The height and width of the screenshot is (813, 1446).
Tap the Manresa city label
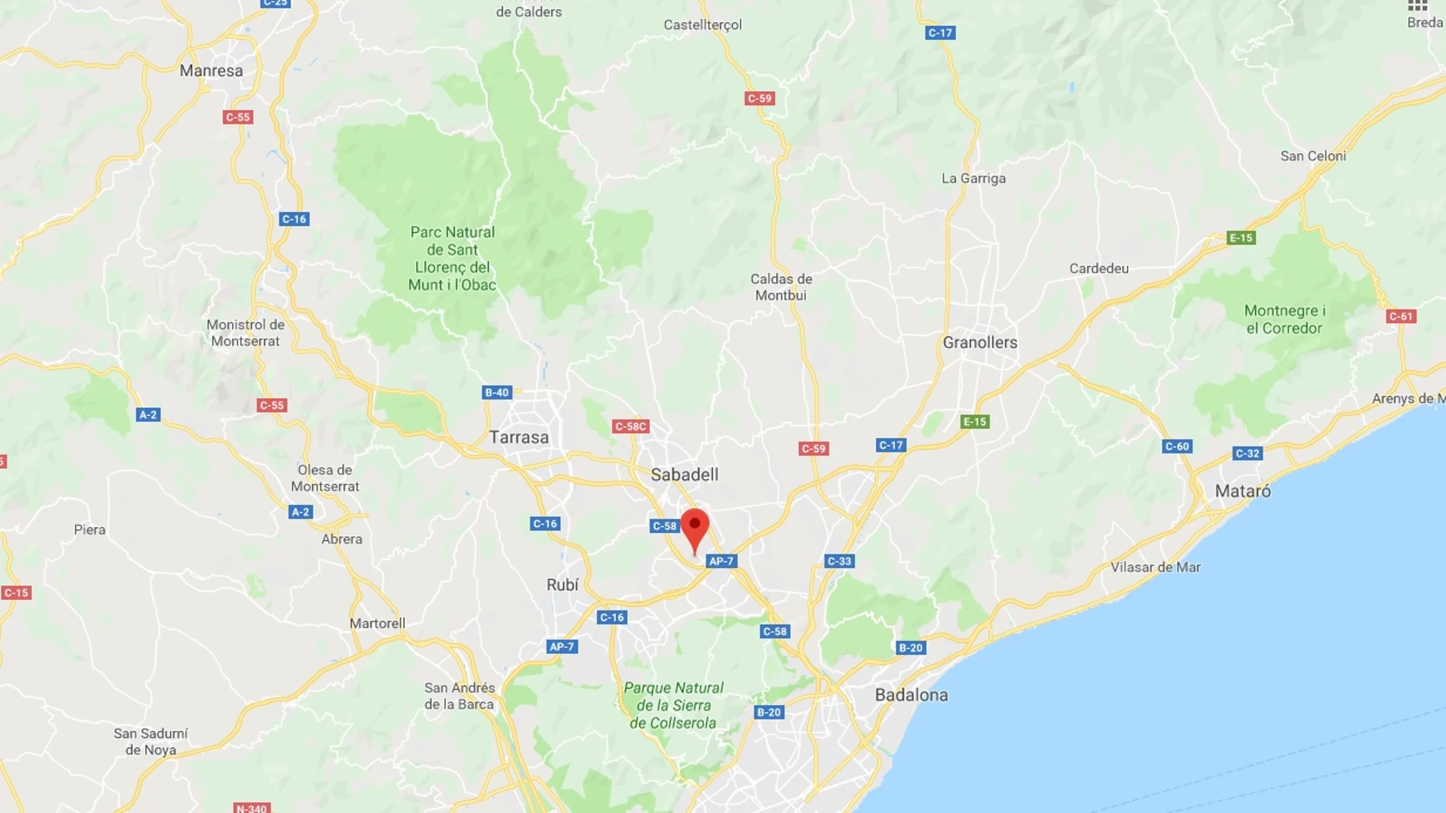(212, 71)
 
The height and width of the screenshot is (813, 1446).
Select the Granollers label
(979, 342)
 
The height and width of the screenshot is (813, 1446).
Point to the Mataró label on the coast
(1242, 491)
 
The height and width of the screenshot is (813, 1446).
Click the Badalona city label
(911, 694)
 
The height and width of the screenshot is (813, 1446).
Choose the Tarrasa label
(518, 437)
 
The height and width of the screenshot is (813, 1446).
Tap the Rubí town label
(562, 585)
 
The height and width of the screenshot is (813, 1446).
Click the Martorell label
(377, 624)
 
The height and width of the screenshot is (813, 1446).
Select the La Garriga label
(973, 178)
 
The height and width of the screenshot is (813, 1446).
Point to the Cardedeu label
(1098, 268)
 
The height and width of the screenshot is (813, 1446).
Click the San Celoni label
(1313, 156)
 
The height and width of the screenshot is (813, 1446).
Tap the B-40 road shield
(496, 392)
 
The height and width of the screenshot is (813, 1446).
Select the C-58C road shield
(630, 427)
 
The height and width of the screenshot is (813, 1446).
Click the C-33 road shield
(839, 561)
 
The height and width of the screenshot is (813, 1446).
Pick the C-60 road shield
(1176, 446)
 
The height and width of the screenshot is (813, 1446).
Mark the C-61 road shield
(1400, 316)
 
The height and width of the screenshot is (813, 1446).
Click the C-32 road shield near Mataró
(1247, 453)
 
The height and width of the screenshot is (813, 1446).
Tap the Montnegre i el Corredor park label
(1284, 319)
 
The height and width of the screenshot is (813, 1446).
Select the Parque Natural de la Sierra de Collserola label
(673, 705)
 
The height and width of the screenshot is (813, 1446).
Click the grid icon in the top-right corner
(1417, 6)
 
